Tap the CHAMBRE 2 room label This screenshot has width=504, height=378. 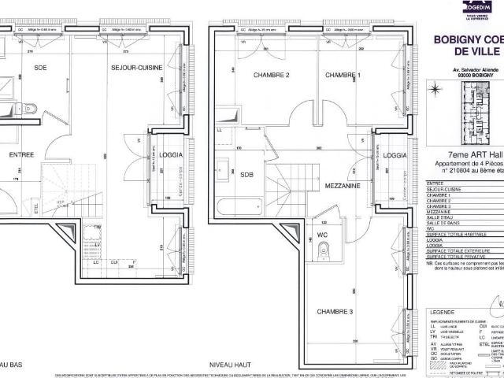click(x=271, y=76)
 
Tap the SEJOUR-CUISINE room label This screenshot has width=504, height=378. click(x=136, y=69)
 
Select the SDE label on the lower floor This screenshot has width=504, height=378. click(x=40, y=69)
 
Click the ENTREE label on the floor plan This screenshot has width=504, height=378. click(x=20, y=155)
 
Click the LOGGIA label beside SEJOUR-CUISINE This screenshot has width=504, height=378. click(x=171, y=155)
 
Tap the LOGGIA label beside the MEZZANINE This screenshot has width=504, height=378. click(x=396, y=155)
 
